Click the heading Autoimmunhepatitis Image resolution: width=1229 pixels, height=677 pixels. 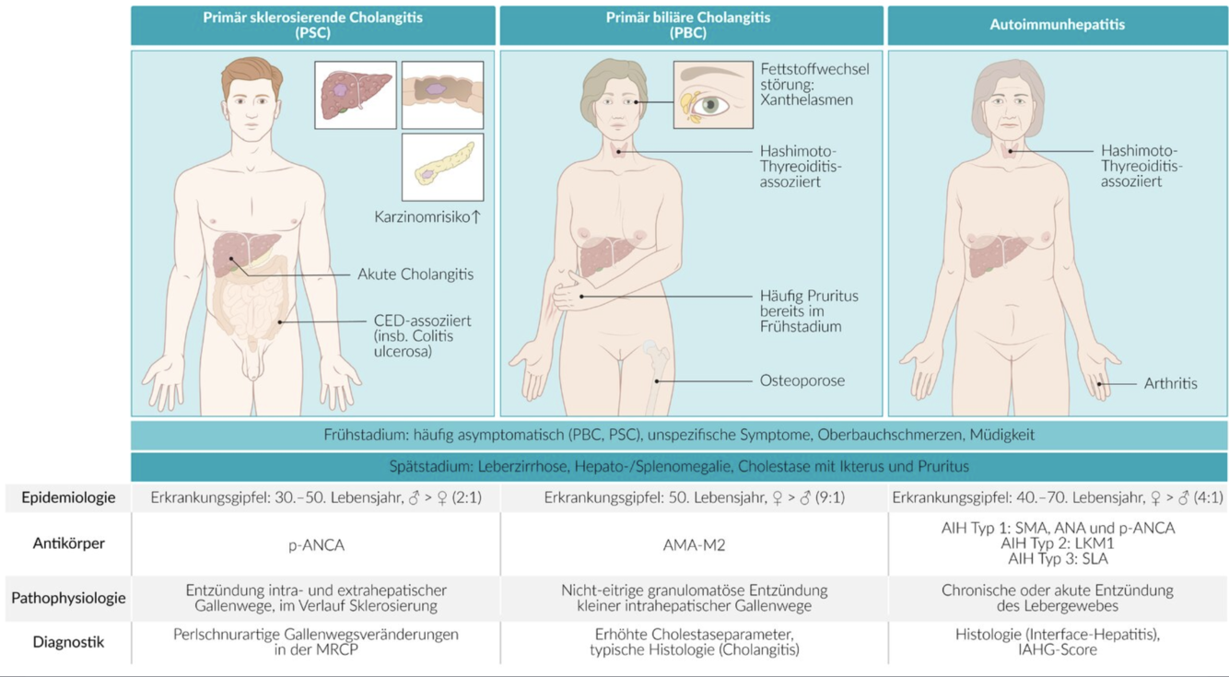point(1057,25)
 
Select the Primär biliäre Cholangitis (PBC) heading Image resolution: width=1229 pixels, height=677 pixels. point(688,25)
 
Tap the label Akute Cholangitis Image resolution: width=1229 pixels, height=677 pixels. point(416,274)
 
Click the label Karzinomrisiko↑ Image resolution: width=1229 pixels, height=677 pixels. point(427,217)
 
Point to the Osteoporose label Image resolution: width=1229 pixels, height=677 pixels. point(802,380)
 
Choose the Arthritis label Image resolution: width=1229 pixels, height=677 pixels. point(1170,383)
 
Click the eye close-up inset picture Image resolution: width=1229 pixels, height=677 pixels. point(712,95)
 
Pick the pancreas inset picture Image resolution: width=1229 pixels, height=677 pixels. point(442,167)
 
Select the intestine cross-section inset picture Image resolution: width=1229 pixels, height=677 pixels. point(442,95)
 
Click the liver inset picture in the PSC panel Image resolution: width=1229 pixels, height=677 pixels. point(355,95)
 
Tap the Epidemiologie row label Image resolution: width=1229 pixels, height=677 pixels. point(69,497)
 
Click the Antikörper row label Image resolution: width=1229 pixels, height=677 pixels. point(69,543)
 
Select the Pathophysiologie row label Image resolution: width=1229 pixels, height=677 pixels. point(69,598)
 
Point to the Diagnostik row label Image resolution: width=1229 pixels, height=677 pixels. point(69,642)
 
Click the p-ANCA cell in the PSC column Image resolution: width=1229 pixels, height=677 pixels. point(316,545)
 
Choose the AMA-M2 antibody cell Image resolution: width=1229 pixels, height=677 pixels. point(694,545)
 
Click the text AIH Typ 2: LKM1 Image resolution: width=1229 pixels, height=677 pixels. point(1057,543)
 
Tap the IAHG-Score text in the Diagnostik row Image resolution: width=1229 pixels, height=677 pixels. point(1057,649)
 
